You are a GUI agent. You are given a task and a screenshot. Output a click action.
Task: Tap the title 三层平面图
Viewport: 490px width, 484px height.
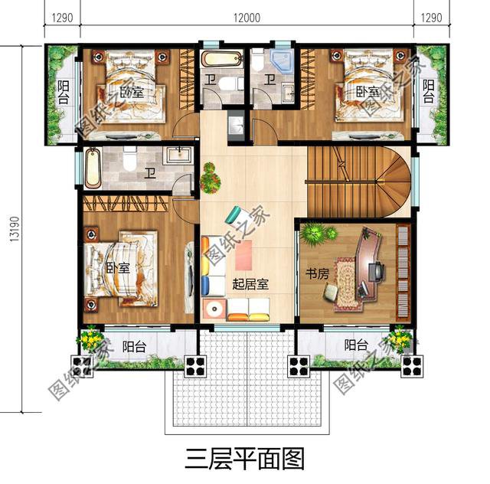[x=245, y=458]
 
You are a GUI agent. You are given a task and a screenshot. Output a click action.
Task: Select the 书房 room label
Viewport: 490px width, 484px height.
[x=318, y=273]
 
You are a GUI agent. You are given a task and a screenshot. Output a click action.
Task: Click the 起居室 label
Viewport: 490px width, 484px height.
[x=250, y=284]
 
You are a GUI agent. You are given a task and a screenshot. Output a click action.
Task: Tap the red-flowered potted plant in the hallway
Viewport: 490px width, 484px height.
[x=209, y=178]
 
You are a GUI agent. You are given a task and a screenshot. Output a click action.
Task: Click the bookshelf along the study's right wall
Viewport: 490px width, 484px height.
[x=403, y=271]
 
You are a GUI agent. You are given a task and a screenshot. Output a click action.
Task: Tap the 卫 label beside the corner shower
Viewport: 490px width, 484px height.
[x=269, y=79]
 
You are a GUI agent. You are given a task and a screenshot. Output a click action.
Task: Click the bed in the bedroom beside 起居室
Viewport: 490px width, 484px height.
[x=115, y=269]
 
